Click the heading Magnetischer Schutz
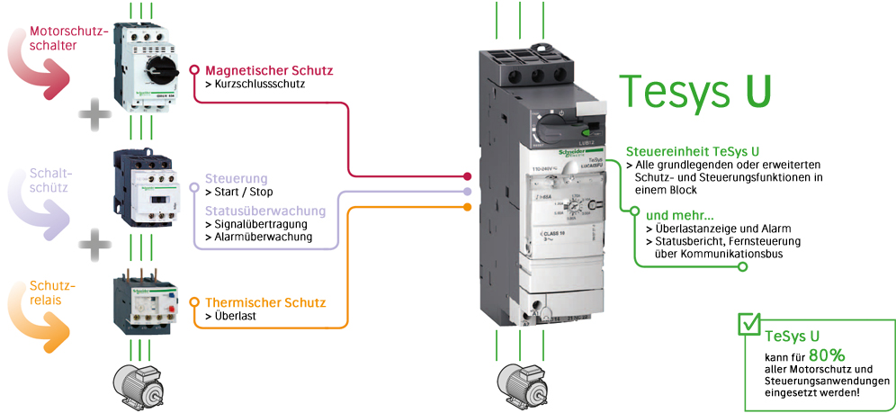click(269, 69)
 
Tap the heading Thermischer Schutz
click(265, 302)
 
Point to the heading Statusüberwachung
click(264, 210)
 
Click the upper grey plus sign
click(95, 114)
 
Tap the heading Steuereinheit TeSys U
click(692, 151)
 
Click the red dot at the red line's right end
click(467, 177)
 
